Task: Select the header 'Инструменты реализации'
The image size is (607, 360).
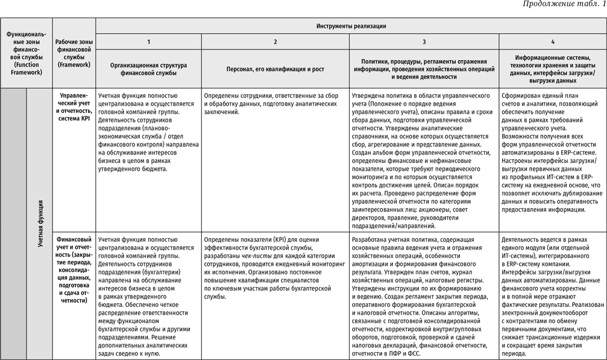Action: (x=351, y=26)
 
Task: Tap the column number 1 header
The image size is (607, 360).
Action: (x=148, y=42)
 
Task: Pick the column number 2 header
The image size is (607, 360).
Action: (x=275, y=42)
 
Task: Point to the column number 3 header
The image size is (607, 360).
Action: (x=424, y=42)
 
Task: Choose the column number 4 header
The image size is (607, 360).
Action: (x=553, y=42)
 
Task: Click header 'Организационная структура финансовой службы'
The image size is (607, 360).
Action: (x=148, y=69)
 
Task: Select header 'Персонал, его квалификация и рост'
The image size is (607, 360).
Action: (x=275, y=69)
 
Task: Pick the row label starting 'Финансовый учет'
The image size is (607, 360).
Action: (x=74, y=269)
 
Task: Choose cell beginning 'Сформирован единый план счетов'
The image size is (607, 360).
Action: (x=552, y=153)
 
